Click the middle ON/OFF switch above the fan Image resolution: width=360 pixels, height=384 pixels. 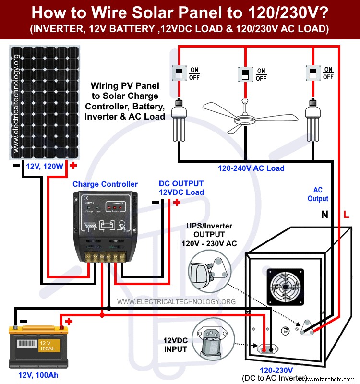[244, 74]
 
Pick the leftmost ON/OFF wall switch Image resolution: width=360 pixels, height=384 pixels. [178, 73]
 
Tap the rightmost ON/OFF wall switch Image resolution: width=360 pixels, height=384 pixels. [312, 73]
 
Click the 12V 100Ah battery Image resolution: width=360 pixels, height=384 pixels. [36, 343]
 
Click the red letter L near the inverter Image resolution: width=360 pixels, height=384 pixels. [346, 215]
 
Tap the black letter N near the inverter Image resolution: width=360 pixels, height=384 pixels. [325, 215]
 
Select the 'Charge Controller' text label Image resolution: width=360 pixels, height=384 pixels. [105, 184]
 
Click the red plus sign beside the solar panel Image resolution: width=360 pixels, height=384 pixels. [73, 166]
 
